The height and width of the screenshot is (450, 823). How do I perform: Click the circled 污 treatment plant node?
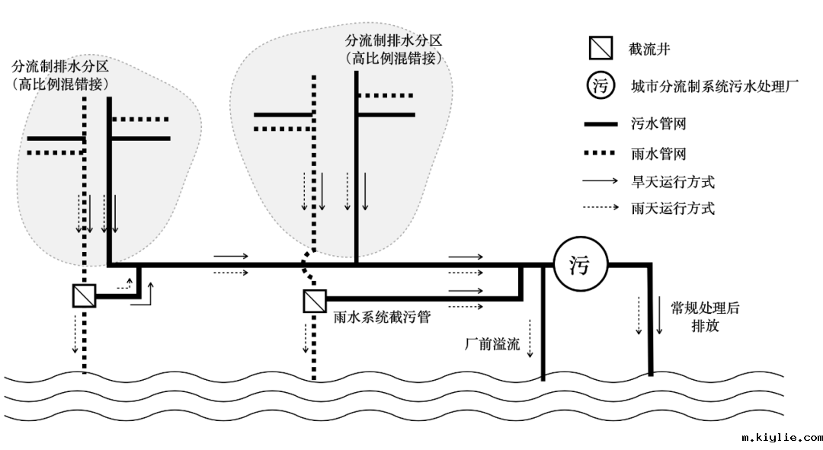(580, 266)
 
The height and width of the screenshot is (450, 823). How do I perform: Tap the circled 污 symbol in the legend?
(600, 86)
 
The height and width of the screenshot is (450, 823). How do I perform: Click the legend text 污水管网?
(659, 123)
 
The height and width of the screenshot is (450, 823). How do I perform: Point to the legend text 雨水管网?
(659, 154)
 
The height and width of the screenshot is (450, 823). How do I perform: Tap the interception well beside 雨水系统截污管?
(314, 302)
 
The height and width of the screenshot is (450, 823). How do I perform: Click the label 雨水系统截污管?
(382, 317)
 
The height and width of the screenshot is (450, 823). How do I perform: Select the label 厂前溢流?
(492, 344)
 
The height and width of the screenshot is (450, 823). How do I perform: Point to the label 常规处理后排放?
(704, 317)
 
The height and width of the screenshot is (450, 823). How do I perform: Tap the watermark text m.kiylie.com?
(782, 438)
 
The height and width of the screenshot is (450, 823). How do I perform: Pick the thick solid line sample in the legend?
(600, 123)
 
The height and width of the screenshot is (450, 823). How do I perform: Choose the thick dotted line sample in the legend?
(600, 154)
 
